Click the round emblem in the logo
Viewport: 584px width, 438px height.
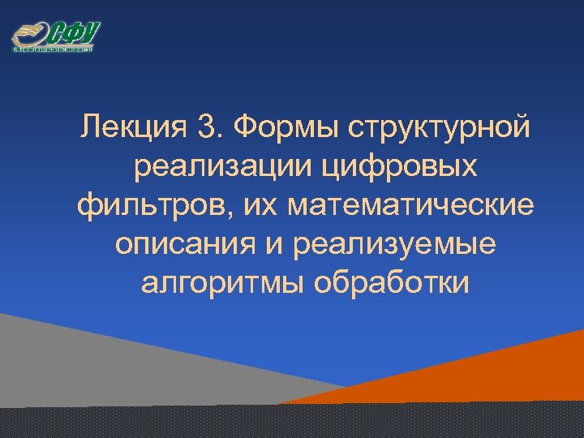(x=28, y=35)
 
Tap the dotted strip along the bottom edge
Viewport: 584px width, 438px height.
(x=292, y=422)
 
